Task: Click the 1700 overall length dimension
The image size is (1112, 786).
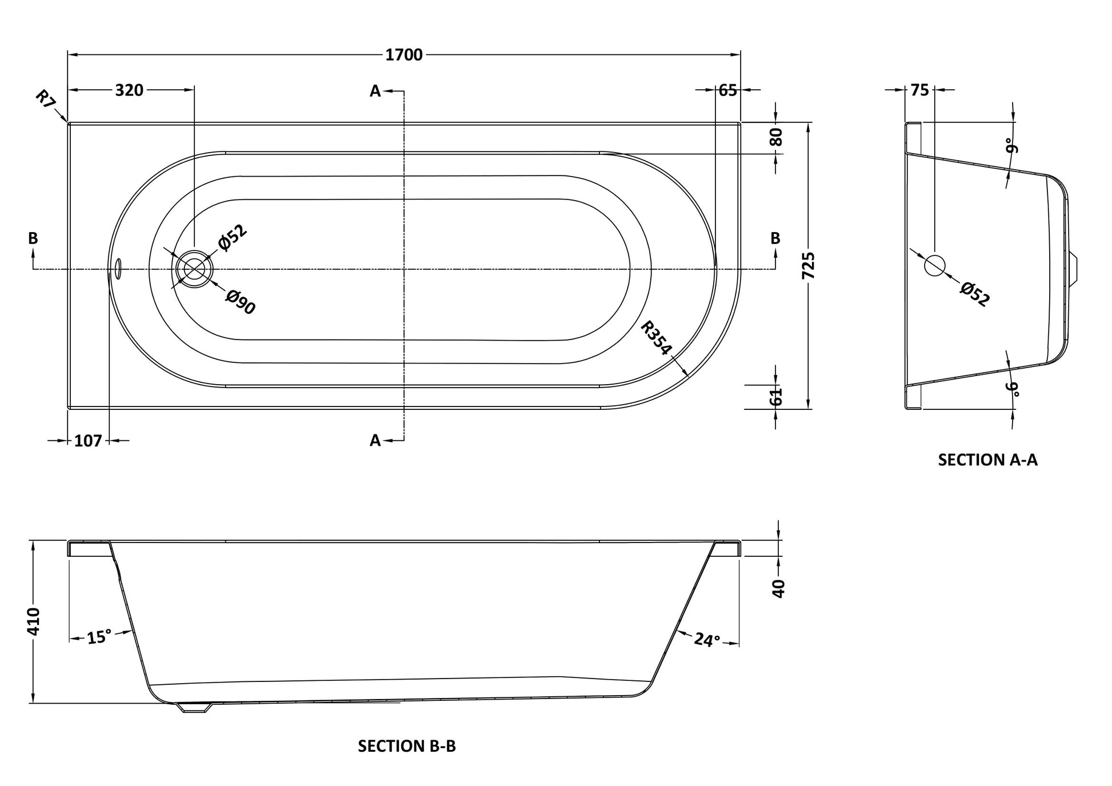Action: tap(404, 55)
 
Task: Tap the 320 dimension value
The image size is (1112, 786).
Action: tap(129, 90)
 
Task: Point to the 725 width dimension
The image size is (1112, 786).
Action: tap(809, 266)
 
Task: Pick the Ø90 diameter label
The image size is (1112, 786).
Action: tap(241, 302)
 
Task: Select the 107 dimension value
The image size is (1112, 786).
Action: tap(88, 441)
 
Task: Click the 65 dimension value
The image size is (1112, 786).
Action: tap(727, 90)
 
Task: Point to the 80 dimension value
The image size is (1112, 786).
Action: tap(776, 137)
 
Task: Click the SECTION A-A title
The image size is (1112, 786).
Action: tap(987, 460)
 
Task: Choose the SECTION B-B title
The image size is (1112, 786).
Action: tap(407, 746)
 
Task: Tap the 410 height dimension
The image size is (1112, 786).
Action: tap(34, 621)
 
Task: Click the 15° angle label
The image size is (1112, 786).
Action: tap(99, 637)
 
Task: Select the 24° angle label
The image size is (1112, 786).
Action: tap(706, 640)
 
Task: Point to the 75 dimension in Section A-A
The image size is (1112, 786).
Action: tap(919, 90)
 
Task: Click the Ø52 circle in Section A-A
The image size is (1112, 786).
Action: tap(935, 265)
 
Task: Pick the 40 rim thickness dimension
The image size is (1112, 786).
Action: tap(778, 588)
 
